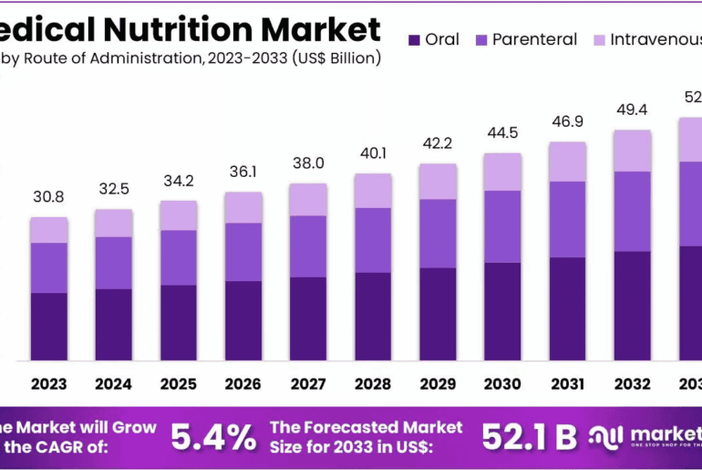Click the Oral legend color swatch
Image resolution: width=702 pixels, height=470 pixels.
coord(415,40)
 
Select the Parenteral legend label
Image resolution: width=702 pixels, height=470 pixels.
coord(534,39)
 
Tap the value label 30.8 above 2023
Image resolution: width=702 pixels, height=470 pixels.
coord(48,196)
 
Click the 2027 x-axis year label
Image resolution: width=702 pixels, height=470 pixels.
coord(307,384)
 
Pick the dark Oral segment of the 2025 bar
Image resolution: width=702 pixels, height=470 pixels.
coord(178,322)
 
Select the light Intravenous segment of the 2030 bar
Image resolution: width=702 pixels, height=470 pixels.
coord(502,172)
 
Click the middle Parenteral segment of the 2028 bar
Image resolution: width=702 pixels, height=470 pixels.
coord(373,240)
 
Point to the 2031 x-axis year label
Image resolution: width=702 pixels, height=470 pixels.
coord(567,384)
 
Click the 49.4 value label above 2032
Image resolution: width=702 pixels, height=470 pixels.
coord(632,110)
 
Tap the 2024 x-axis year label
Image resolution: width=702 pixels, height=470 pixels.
coord(113,384)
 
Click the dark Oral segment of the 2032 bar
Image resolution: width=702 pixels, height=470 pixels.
coord(632,305)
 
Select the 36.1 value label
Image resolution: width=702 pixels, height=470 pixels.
coord(243,172)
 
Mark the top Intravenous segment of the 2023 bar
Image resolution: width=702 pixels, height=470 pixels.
coord(48,230)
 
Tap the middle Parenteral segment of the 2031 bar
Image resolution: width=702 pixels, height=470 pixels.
coord(567,219)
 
